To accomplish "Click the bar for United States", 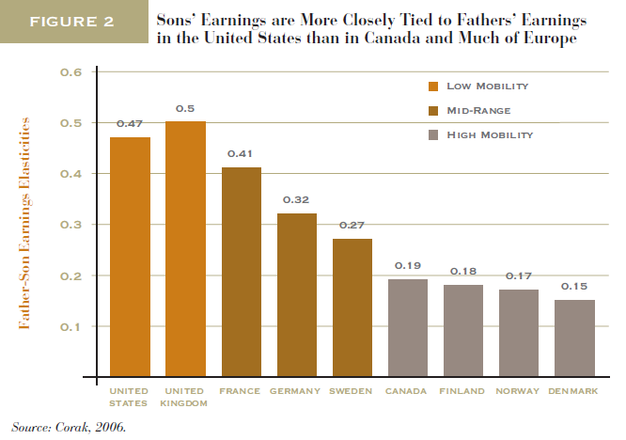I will (x=130, y=257).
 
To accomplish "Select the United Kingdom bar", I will (x=185, y=249).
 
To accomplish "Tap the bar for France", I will (x=241, y=272).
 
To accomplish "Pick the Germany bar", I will (x=296, y=294).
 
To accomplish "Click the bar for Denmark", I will (x=573, y=338).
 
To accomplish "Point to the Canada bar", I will (x=407, y=328).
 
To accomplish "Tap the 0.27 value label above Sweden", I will (x=352, y=226).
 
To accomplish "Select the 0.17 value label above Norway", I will (x=518, y=276).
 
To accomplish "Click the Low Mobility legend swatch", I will (x=433, y=86).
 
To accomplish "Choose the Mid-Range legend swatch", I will (x=433, y=111).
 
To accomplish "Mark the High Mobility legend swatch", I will (x=433, y=135).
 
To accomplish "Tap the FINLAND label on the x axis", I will (x=462, y=390).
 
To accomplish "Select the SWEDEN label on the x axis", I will (x=352, y=390).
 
